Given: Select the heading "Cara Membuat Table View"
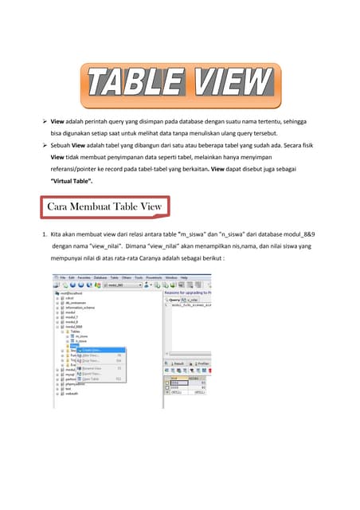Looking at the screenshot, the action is tap(104, 206).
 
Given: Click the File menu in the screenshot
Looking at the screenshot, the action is tap(62, 277).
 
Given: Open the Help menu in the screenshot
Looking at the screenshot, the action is tap(184, 277).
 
